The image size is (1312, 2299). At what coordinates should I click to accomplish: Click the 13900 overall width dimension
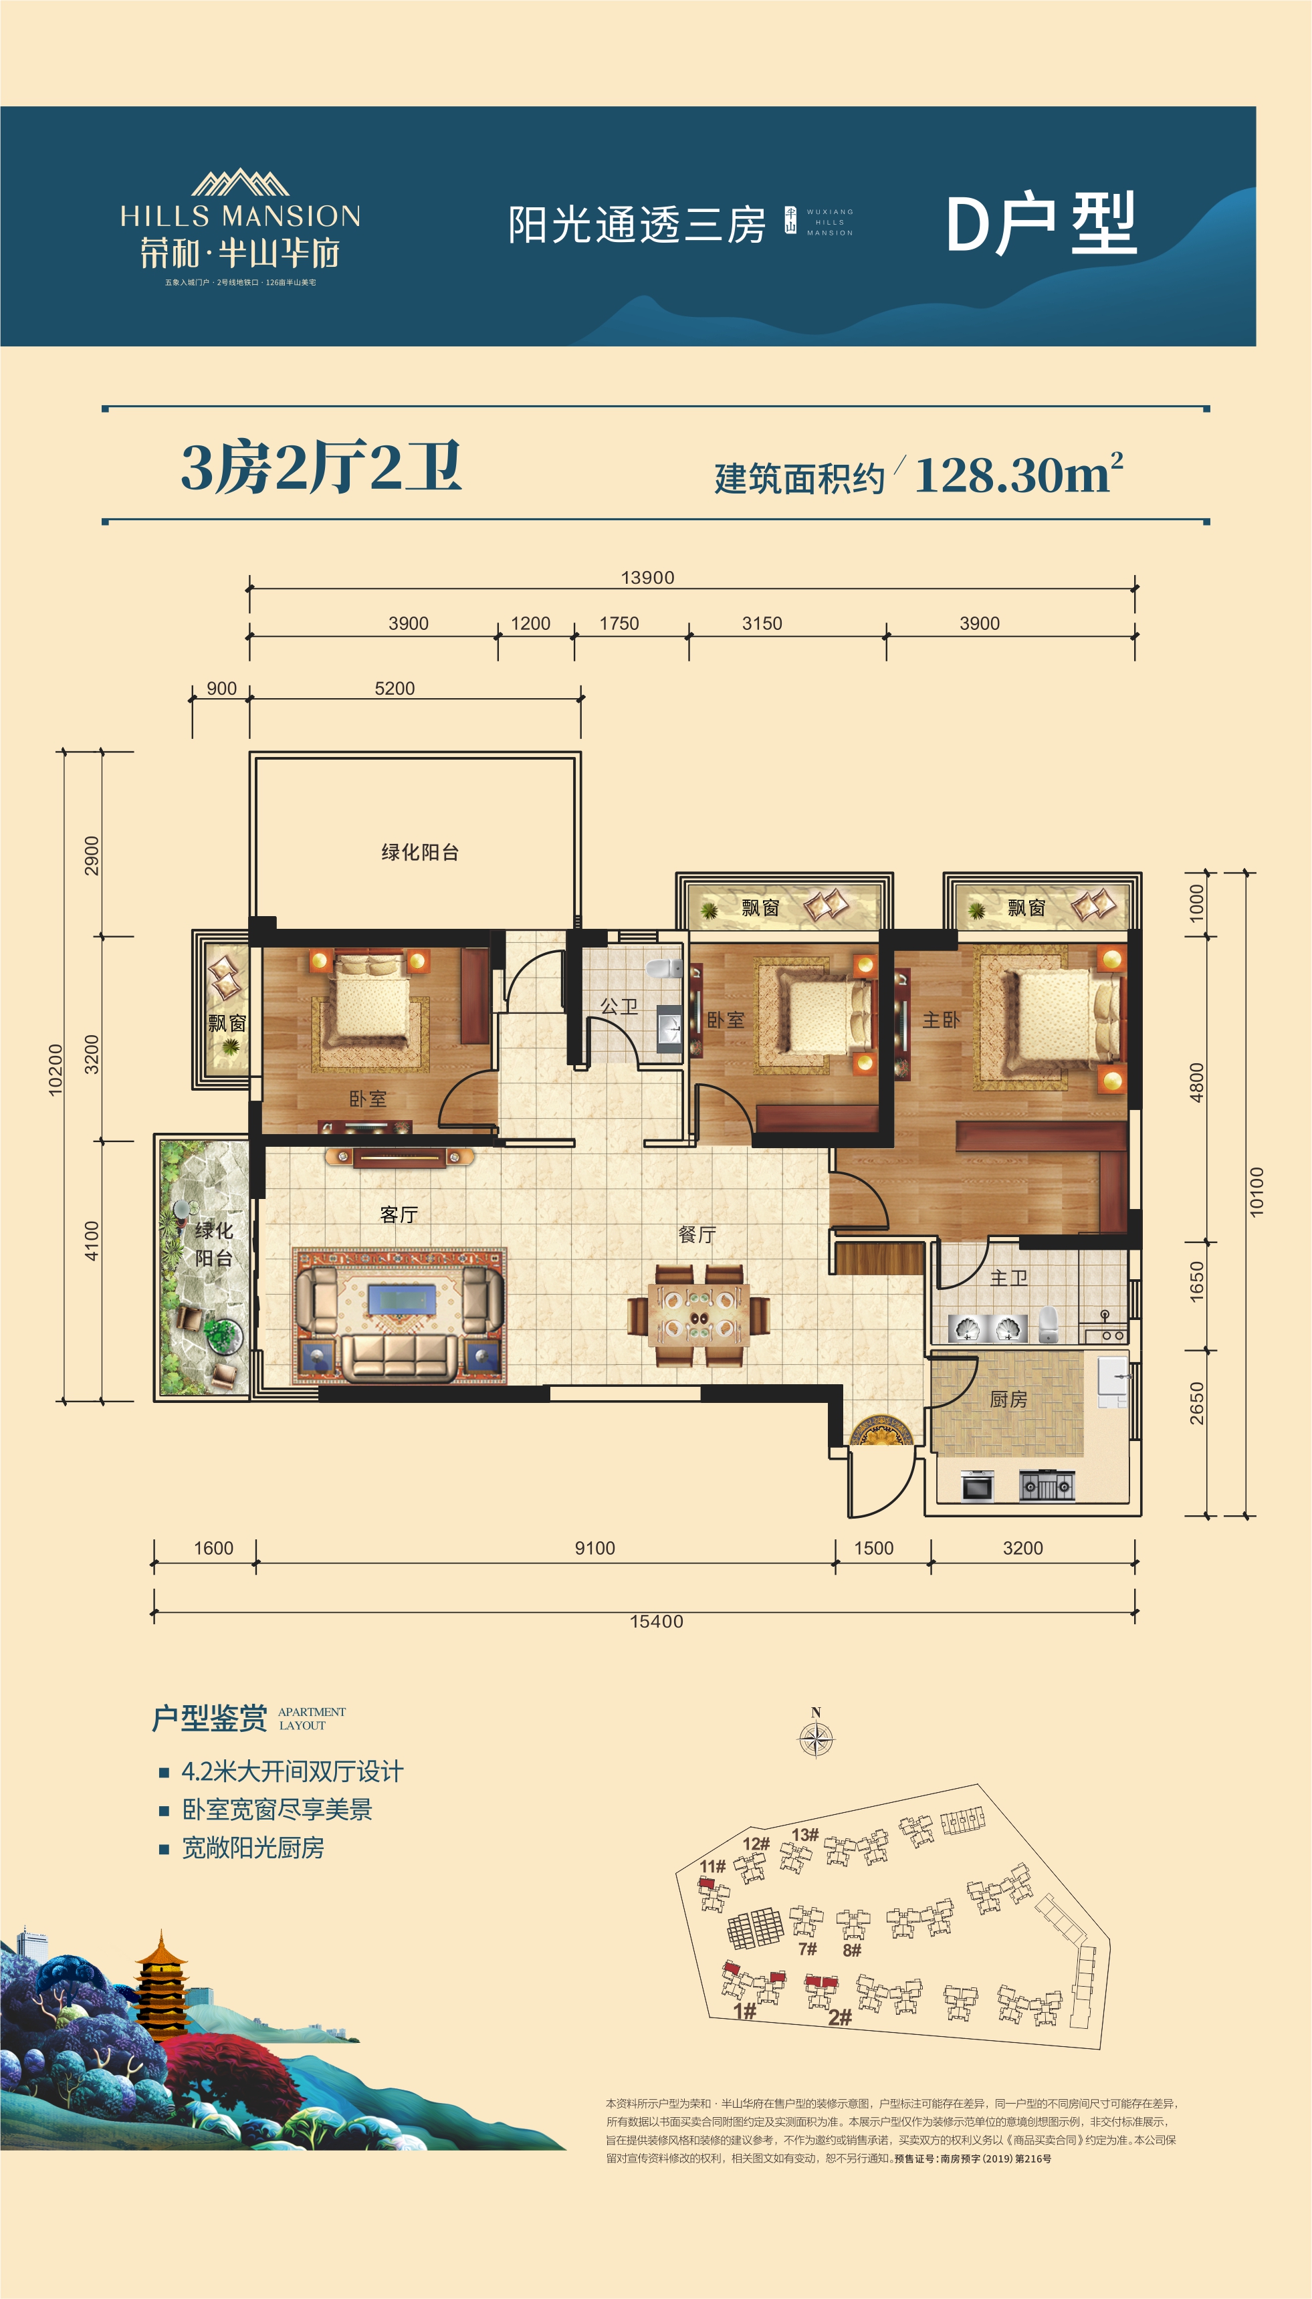pyautogui.click(x=647, y=578)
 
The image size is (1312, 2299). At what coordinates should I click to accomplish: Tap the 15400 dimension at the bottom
pyautogui.click(x=656, y=1622)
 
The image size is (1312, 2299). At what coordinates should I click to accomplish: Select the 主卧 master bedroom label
pyautogui.click(x=941, y=1020)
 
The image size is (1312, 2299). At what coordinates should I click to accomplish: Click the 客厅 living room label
pyautogui.click(x=399, y=1214)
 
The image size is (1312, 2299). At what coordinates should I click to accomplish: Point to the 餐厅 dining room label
pyautogui.click(x=697, y=1235)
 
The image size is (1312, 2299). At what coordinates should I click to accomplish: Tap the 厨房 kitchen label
pyautogui.click(x=1008, y=1399)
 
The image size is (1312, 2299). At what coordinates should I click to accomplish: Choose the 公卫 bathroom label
pyautogui.click(x=619, y=1006)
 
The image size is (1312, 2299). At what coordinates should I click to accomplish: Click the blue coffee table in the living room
pyautogui.click(x=402, y=1299)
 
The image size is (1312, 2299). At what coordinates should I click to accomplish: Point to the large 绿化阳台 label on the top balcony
pyautogui.click(x=420, y=852)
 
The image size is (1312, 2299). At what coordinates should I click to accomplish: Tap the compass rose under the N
pyautogui.click(x=816, y=1739)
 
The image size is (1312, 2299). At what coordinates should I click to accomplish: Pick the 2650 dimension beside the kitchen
pyautogui.click(x=1197, y=1403)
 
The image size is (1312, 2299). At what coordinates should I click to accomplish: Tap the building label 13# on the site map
pyautogui.click(x=804, y=1835)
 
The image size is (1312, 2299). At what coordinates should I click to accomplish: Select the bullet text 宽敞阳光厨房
pyautogui.click(x=253, y=1848)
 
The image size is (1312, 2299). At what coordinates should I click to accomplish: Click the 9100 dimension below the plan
pyautogui.click(x=594, y=1547)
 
